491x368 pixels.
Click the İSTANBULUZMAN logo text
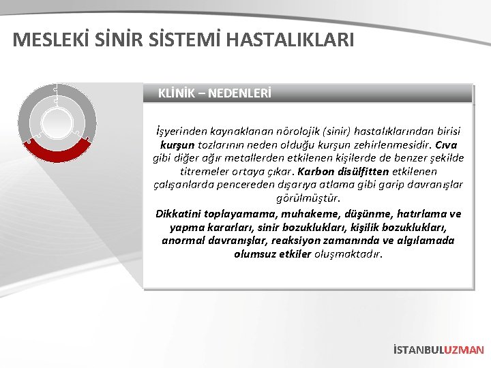438,350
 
